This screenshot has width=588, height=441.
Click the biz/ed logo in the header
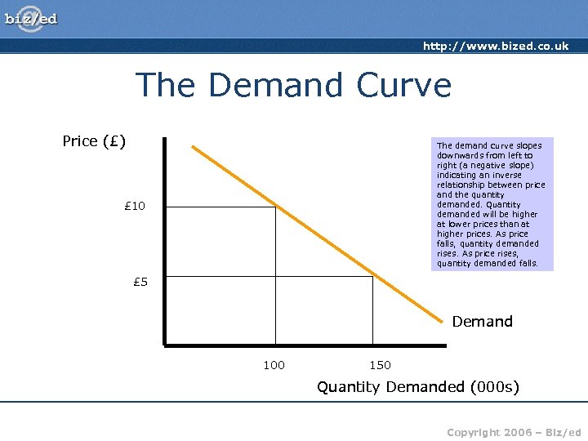coord(31,18)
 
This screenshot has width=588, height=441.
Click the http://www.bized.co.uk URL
coord(496,47)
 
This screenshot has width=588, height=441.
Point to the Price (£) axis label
coord(94,141)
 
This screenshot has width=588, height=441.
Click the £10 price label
coord(133,206)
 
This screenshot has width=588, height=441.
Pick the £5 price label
coord(140,283)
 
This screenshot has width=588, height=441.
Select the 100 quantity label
coord(274,365)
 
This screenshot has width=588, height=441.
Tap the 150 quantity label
coord(380,365)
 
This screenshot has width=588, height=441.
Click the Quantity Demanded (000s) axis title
coord(417,386)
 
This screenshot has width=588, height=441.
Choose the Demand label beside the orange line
coord(482,322)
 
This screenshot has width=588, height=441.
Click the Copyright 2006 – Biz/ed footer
coord(514,431)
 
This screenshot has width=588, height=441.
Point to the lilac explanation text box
coord(492,204)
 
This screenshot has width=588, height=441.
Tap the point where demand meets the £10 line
coord(275,207)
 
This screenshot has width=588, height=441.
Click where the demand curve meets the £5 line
coord(372,277)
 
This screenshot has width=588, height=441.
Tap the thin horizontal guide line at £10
coord(220,207)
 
